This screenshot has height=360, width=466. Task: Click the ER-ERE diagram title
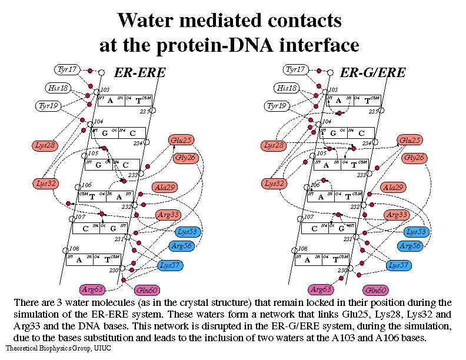click(x=139, y=73)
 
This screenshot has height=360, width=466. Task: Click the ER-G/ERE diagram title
click(x=373, y=73)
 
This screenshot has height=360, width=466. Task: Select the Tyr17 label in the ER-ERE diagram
click(x=67, y=69)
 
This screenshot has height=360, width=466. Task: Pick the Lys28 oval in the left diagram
click(x=45, y=145)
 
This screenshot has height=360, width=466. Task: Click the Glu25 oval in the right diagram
click(x=410, y=140)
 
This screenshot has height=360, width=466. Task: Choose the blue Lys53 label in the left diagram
click(x=188, y=231)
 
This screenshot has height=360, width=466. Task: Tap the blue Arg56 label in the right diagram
click(x=410, y=245)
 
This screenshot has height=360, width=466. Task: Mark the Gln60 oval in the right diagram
click(x=376, y=290)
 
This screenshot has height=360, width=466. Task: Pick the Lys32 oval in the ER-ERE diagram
click(x=45, y=184)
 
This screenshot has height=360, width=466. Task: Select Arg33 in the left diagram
click(x=169, y=215)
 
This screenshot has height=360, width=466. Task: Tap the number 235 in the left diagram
click(x=142, y=112)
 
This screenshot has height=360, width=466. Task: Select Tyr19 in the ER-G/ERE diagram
click(x=275, y=106)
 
